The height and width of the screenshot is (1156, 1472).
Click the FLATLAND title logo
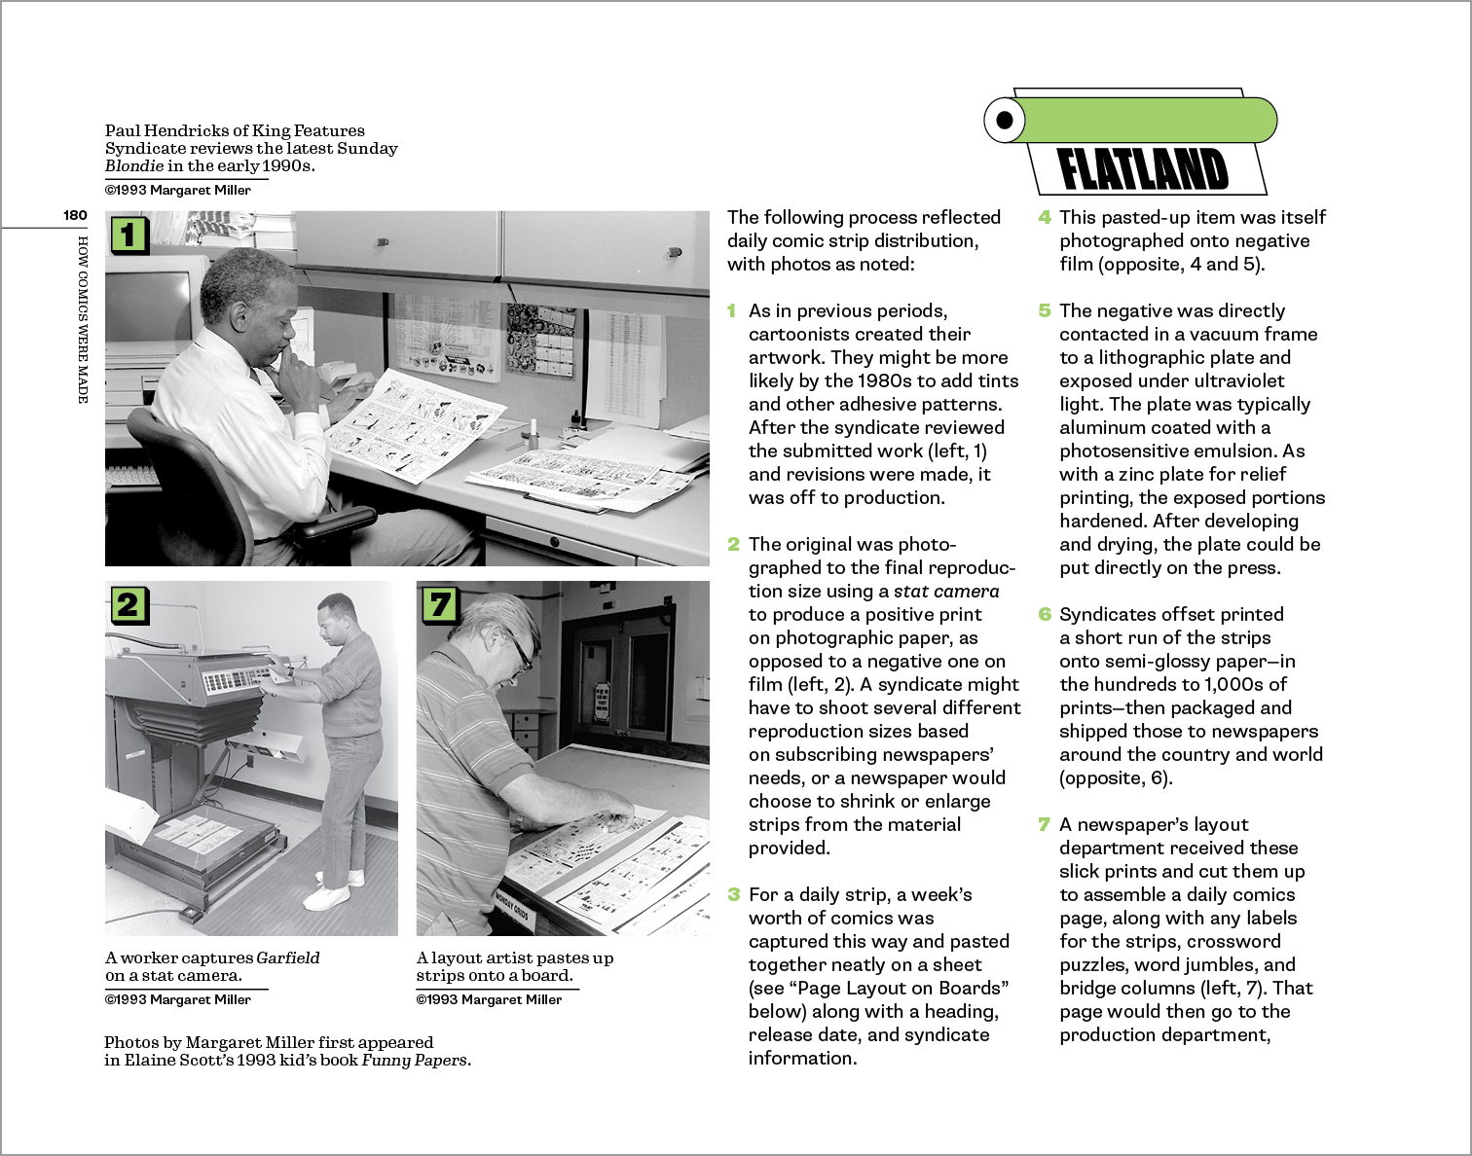[1143, 169]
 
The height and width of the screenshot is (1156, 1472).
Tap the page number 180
[75, 215]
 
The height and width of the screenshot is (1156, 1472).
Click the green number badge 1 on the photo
[129, 234]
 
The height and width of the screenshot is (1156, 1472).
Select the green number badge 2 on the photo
[128, 604]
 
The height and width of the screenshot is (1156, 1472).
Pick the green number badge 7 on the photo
[439, 604]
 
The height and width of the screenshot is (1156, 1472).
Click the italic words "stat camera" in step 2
[946, 591]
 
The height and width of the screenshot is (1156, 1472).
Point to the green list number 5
[1045, 310]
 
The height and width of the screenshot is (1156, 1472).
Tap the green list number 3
[733, 894]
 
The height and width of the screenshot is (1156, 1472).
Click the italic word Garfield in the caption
[288, 957]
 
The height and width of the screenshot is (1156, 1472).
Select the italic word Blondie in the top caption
[134, 165]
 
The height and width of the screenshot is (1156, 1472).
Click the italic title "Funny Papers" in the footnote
[415, 1060]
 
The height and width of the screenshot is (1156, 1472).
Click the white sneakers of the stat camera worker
[328, 893]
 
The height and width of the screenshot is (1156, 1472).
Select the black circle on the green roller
[1005, 121]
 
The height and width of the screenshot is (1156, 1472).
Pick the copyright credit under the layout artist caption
[489, 999]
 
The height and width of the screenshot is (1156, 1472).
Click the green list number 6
[1045, 614]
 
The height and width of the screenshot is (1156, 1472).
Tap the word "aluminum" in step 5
[1108, 427]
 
